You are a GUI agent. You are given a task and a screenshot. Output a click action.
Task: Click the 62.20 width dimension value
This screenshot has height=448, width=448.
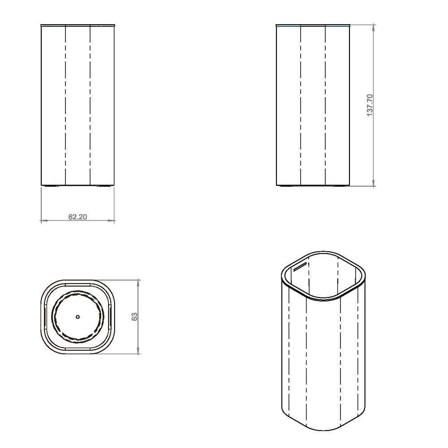pyautogui.click(x=78, y=217)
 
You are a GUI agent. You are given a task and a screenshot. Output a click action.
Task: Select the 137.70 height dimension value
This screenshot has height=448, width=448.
pyautogui.click(x=370, y=105)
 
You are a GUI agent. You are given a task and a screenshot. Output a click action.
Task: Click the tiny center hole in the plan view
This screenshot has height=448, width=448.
pyautogui.click(x=78, y=317)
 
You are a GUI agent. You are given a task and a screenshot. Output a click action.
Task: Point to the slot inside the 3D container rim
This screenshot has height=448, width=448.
pyautogui.click(x=300, y=267)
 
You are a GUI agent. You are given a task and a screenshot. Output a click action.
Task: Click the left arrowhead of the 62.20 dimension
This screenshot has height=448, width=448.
pyautogui.click(x=43, y=221)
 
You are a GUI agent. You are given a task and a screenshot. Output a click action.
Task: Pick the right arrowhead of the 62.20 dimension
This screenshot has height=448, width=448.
pyautogui.click(x=112, y=221)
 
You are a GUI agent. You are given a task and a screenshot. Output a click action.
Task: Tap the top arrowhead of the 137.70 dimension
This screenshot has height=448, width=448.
pyautogui.click(x=374, y=26)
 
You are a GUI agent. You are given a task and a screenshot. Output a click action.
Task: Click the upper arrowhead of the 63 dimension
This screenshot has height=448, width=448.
pyautogui.click(x=138, y=281)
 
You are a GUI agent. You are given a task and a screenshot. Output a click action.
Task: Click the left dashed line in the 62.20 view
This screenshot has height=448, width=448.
pyautogui.click(x=66, y=105)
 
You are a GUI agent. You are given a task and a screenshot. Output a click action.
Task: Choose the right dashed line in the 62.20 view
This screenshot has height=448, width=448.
pyautogui.click(x=90, y=105)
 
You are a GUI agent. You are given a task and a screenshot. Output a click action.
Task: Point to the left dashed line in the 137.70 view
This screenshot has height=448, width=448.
pyautogui.click(x=301, y=105)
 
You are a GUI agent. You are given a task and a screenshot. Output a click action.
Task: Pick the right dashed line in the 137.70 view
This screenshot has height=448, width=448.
pyautogui.click(x=325, y=105)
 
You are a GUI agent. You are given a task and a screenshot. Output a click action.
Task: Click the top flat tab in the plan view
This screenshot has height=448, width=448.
pyautogui.click(x=78, y=284)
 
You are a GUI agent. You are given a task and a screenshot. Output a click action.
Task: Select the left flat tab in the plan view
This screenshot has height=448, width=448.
pyautogui.click(x=45, y=316)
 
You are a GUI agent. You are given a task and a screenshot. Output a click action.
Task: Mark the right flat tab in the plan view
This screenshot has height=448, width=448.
pyautogui.click(x=111, y=316)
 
